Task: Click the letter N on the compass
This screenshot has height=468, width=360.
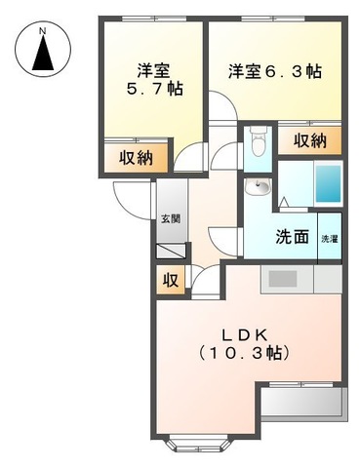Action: pyautogui.click(x=42, y=31)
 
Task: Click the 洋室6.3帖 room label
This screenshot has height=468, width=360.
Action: pyautogui.click(x=276, y=71)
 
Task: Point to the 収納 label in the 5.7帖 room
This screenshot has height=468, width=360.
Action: pyautogui.click(x=136, y=158)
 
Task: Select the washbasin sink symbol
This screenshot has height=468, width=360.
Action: pyautogui.click(x=260, y=186)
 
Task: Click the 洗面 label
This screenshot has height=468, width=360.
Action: pyautogui.click(x=292, y=237)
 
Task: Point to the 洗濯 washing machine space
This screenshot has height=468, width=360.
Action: pyautogui.click(x=331, y=238)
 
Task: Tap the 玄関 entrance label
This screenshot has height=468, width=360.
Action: pyautogui.click(x=170, y=218)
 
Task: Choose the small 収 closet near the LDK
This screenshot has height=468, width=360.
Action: pyautogui.click(x=170, y=282)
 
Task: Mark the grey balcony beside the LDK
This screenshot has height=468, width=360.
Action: pyautogui.click(x=301, y=401)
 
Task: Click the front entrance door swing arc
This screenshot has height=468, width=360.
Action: pyautogui.click(x=129, y=200)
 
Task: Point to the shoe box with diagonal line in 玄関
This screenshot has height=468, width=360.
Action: pyautogui.click(x=170, y=252)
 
